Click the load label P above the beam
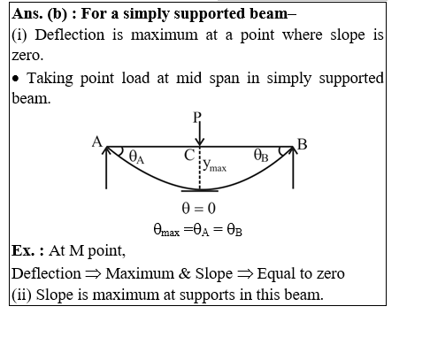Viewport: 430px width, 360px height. point(196,118)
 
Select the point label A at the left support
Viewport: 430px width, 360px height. point(96,142)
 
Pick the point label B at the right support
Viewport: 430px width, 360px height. point(303,144)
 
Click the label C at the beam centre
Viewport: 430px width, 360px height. point(189,155)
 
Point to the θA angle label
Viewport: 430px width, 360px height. point(136,157)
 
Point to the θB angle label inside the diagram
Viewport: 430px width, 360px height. point(261,155)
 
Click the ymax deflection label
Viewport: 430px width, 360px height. point(215,165)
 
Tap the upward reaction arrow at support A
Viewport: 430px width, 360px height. point(106,167)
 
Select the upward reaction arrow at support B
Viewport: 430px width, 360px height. point(293,167)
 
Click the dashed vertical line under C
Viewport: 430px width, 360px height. point(200,168)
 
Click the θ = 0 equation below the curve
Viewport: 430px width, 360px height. point(199,209)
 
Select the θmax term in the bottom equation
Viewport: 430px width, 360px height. point(166,230)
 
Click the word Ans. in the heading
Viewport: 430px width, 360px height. point(27,13)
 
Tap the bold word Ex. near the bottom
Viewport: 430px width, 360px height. point(23,251)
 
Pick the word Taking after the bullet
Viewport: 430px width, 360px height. point(50,80)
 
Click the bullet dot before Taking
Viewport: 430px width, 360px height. point(16,79)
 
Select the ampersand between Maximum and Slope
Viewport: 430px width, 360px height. point(185,273)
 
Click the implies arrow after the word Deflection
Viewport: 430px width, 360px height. point(93,274)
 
